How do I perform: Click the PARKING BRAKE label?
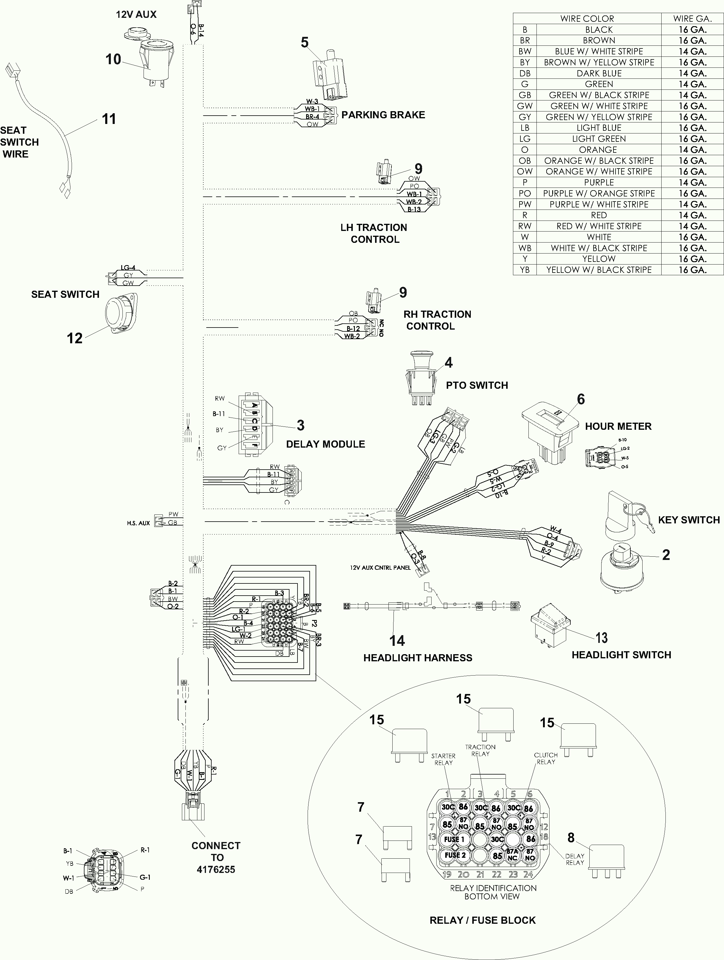point(383,115)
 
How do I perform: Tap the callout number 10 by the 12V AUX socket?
point(113,59)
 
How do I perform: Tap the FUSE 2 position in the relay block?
point(454,855)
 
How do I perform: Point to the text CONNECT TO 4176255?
point(216,857)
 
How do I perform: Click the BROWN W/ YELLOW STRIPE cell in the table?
point(599,62)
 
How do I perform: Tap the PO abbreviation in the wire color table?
point(525,193)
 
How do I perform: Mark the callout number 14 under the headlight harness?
point(397,640)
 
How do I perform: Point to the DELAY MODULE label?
point(325,444)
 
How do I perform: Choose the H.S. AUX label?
point(138,523)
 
